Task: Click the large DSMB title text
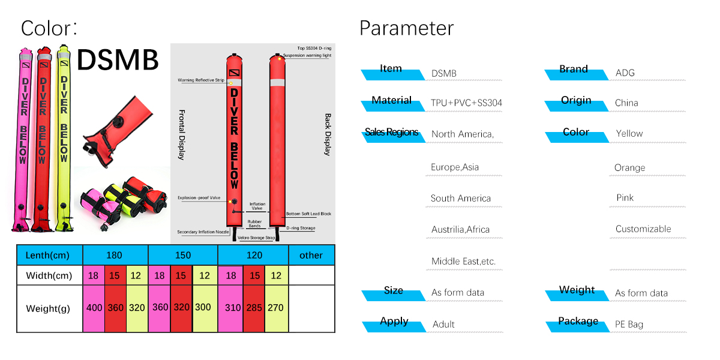click(118, 59)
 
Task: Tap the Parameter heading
click(406, 28)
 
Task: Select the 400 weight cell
click(94, 308)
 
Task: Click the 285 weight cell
click(254, 308)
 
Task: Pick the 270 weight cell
click(276, 308)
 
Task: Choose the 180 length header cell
click(114, 255)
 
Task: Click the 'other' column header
click(311, 255)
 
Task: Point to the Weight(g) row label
click(48, 308)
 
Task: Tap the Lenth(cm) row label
click(47, 255)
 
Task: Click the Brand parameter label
click(574, 70)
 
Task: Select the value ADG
click(625, 73)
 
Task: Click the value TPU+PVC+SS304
click(466, 103)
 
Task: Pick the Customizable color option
click(643, 229)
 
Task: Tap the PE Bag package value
click(629, 325)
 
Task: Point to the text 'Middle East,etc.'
click(463, 262)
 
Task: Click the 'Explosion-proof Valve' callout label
click(200, 197)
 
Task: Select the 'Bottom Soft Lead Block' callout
click(308, 214)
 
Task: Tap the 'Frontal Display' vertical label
click(182, 134)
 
